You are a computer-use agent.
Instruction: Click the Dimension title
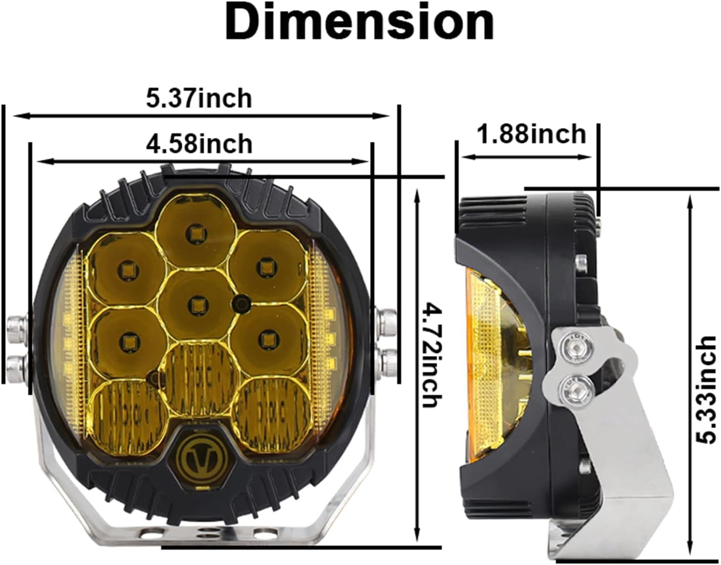point(360,22)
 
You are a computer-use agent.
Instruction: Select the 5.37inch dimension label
point(199,98)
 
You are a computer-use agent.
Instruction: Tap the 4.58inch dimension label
point(199,144)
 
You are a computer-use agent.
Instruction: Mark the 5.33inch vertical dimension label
point(707,389)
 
